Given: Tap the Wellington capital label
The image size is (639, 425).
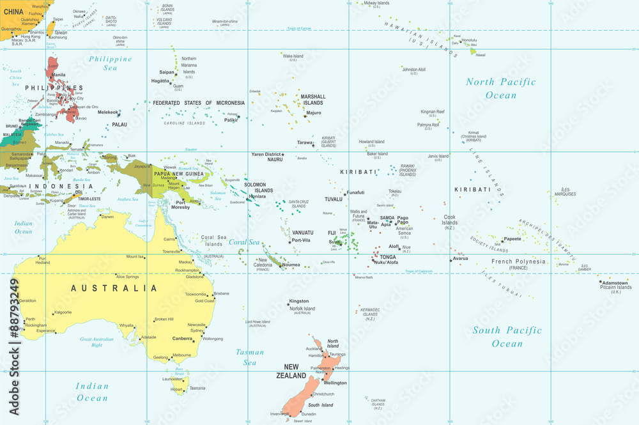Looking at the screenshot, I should (x=335, y=383).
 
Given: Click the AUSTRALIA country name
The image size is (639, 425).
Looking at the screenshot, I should (x=114, y=288).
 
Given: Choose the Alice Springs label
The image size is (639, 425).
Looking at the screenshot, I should (x=127, y=277).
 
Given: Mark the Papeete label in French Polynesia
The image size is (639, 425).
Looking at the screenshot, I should (x=512, y=239).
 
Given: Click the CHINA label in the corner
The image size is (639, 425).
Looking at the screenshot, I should (x=14, y=11).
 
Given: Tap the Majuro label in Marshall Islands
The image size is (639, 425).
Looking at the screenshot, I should (x=314, y=112).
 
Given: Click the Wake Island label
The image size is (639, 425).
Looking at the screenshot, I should (x=293, y=56).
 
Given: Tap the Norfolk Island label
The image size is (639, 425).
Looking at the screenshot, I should (x=302, y=309).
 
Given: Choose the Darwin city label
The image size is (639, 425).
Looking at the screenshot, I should (x=107, y=217).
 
